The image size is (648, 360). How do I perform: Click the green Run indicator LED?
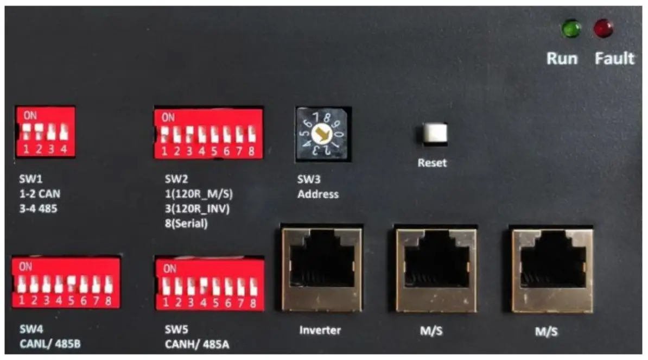[x=570, y=29]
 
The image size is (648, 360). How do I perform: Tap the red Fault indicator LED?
[x=602, y=29]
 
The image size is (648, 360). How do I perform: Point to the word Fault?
[x=614, y=58]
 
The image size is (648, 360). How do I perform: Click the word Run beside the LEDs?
[x=562, y=58]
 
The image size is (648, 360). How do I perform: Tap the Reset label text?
[x=433, y=163]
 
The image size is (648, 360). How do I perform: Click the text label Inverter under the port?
[x=320, y=330]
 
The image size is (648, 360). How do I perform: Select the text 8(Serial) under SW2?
[x=186, y=223]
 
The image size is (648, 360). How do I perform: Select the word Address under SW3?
[x=318, y=194]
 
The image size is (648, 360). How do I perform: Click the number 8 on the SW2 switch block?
[x=251, y=152]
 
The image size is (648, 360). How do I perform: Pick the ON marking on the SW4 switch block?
[x=26, y=267]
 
